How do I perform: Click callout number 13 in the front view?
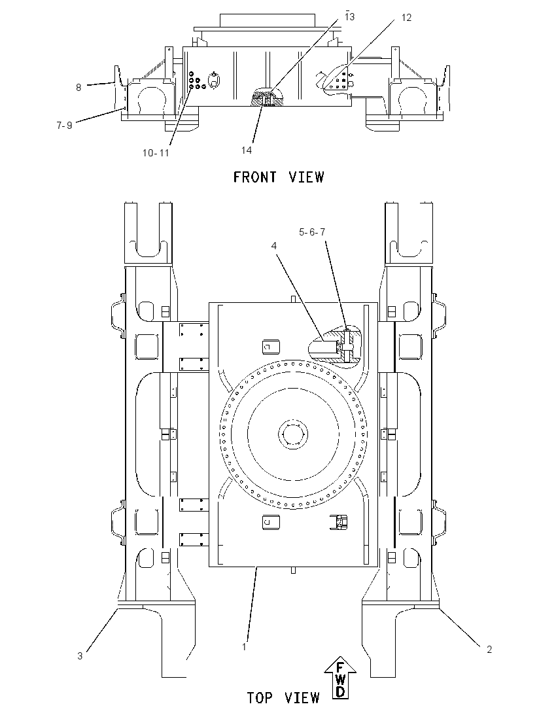tap(350, 17)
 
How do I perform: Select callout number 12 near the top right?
tap(406, 18)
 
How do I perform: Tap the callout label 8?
tap(78, 88)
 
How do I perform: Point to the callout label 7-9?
tap(65, 125)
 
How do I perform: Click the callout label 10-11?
tap(156, 152)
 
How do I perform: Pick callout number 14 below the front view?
tap(247, 150)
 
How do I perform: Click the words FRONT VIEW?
tap(279, 177)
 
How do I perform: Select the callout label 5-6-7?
tap(312, 232)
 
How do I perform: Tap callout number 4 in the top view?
tap(274, 246)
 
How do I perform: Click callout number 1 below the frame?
tap(244, 646)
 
